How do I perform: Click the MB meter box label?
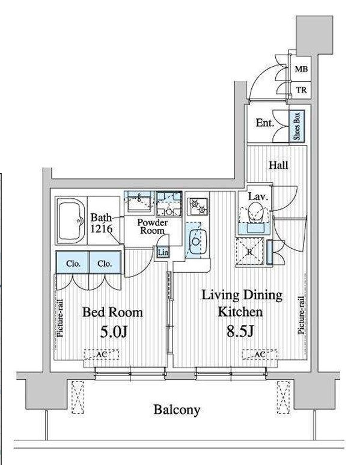pyautogui.click(x=301, y=69)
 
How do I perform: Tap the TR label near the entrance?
pyautogui.click(x=301, y=90)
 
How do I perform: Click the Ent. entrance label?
pyautogui.click(x=264, y=123)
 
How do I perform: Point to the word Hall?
pyautogui.click(x=278, y=165)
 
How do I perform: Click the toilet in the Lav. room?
pyautogui.click(x=255, y=212)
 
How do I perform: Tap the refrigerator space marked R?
pyautogui.click(x=250, y=251)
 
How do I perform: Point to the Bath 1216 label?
pyautogui.click(x=102, y=223)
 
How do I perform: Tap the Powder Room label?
pyautogui.click(x=152, y=226)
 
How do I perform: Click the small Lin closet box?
pyautogui.click(x=163, y=252)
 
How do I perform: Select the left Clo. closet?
pyautogui.click(x=72, y=263)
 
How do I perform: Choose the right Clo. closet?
pyautogui.click(x=105, y=263)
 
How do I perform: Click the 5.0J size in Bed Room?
pyautogui.click(x=114, y=332)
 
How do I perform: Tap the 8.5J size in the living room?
pyautogui.click(x=240, y=331)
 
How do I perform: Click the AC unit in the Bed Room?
pyautogui.click(x=102, y=354)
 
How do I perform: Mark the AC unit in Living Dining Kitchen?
pyautogui.click(x=260, y=354)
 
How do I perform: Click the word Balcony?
pyautogui.click(x=177, y=410)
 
